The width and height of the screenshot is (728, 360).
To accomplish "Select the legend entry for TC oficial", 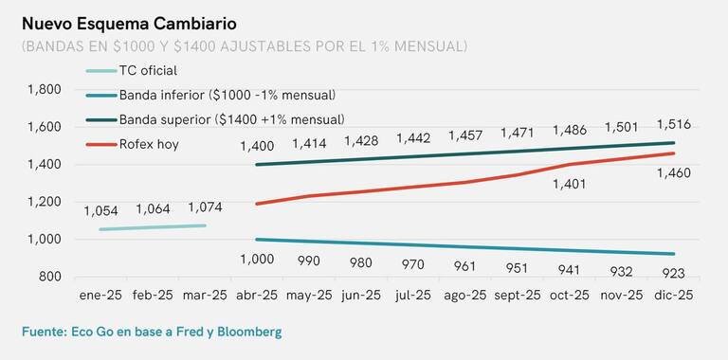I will [x=148, y=70].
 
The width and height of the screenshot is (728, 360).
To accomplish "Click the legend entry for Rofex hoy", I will [x=149, y=144].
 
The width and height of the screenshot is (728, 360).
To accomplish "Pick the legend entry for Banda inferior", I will [x=227, y=95].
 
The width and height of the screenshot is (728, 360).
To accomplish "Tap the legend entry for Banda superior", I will [x=231, y=119].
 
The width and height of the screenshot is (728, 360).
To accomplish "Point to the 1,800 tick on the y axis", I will [x=45, y=89].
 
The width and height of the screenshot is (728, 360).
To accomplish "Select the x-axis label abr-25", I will [x=257, y=296].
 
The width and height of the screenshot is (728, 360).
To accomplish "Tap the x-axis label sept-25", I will [x=517, y=296].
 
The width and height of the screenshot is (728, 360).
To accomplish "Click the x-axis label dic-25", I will [x=674, y=296].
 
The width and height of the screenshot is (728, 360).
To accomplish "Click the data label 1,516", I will [x=674, y=124].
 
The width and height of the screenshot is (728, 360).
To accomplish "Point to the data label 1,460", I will [x=674, y=173].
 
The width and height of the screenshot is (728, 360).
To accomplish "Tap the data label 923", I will [x=674, y=274].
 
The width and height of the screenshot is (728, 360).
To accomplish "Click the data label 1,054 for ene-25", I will [x=100, y=211].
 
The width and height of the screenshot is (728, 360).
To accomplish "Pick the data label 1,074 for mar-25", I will [x=205, y=207].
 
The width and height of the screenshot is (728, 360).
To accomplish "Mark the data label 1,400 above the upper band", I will [x=257, y=146].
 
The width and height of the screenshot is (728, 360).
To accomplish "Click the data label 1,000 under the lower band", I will [x=257, y=259].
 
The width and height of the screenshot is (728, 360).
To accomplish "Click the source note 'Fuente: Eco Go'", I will [x=152, y=332].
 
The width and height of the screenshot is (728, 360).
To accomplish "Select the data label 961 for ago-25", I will [x=465, y=266].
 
